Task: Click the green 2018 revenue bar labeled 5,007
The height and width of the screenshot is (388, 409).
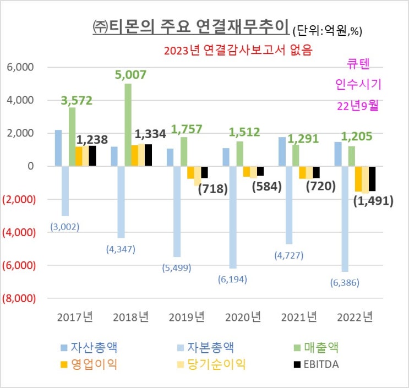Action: pyautogui.click(x=128, y=124)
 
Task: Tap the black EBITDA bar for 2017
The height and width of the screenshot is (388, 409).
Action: pyautogui.click(x=92, y=156)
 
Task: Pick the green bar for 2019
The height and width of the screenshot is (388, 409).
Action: pyautogui.click(x=184, y=151)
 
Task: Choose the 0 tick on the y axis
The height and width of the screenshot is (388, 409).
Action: pyautogui.click(x=30, y=166)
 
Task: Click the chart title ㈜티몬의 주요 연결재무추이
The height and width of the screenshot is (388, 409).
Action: pyautogui.click(x=189, y=26)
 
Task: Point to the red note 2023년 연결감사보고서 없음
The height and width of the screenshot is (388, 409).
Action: pyautogui.click(x=238, y=51)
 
